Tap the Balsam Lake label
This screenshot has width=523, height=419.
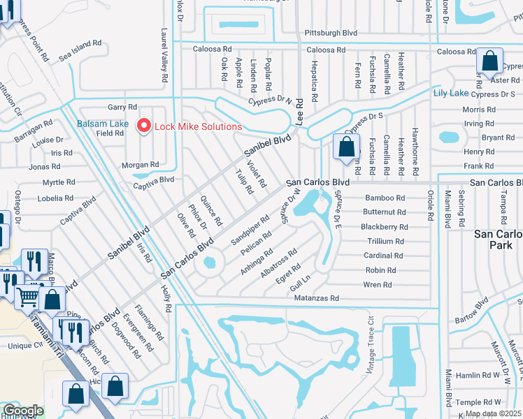coord(102,124)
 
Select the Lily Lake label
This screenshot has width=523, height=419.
coord(451,93)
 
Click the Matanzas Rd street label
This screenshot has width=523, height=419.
coord(316,298)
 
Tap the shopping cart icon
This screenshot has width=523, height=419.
coord(27,297)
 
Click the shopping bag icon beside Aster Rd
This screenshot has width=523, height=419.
coord(489,62)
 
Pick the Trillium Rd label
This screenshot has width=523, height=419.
coord(385,241)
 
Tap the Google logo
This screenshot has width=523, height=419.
coord(23,411)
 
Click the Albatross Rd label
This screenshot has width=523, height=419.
coord(279,262)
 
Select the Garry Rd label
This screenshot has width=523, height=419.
coord(122,107)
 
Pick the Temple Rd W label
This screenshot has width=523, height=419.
coord(478,402)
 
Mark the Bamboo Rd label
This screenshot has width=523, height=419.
coord(385,198)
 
